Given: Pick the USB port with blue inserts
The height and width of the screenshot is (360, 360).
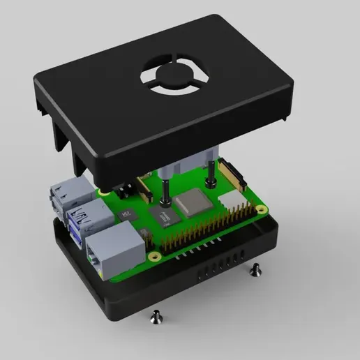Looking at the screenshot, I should (87, 221).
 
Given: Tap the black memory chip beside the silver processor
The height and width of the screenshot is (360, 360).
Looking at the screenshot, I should (165, 218).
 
